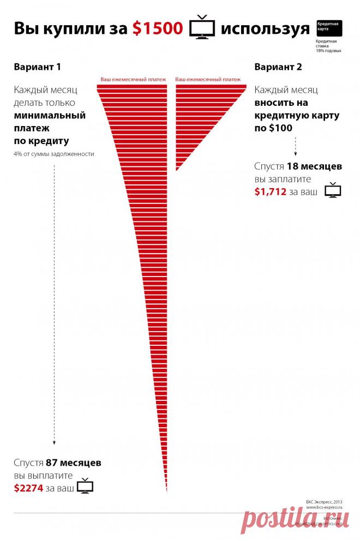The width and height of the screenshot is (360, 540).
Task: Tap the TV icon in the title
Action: coord(202,28)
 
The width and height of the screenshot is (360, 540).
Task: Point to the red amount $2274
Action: coord(28,488)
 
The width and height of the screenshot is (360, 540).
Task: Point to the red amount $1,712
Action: coord(270,191)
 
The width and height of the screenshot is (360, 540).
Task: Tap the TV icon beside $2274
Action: coord(85,485)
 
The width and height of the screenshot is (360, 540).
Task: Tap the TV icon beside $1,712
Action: coord(332,190)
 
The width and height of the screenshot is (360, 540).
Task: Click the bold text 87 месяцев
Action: coord(74,463)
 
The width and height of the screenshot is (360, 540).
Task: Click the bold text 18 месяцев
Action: coord(314,166)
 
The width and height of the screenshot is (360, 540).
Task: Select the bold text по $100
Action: coord(273,128)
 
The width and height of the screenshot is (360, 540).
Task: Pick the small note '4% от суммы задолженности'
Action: coord(54,154)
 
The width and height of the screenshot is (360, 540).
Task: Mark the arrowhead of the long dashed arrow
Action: coord(55,443)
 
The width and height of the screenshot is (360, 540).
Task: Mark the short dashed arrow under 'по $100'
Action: coord(295,146)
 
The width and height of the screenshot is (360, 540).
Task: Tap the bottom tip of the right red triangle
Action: coord(176,171)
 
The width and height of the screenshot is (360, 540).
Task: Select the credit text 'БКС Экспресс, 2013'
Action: coord(323,501)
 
